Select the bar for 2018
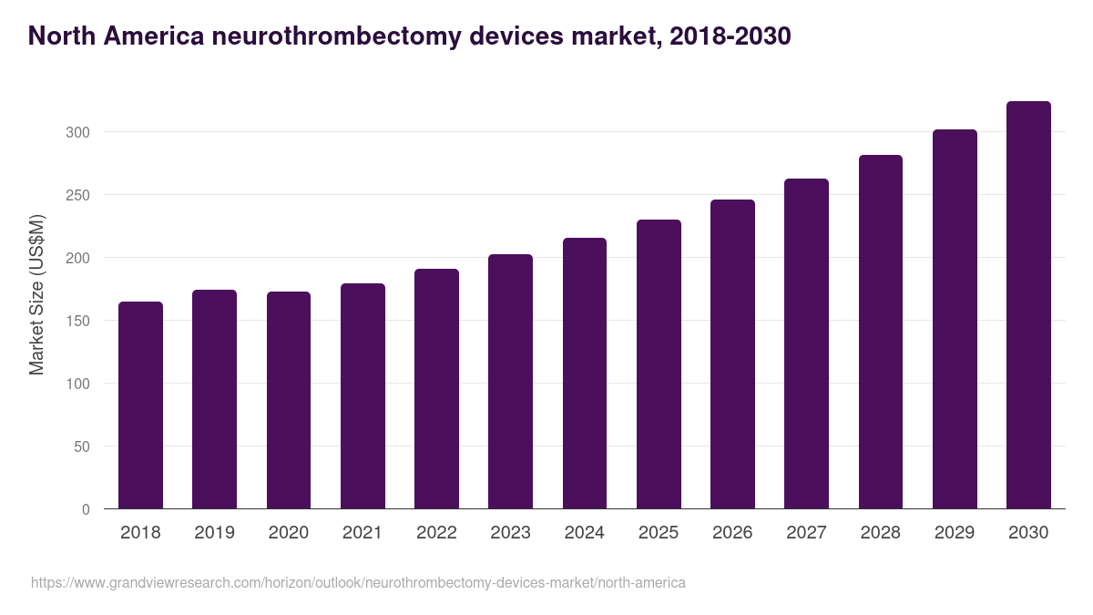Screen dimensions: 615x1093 140,405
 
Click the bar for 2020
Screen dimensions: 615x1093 289,401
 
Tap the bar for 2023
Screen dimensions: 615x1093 510,382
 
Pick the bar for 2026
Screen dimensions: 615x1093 732,354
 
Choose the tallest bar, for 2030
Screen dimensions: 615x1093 1028,305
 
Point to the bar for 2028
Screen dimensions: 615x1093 881,332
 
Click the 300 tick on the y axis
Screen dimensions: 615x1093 77,132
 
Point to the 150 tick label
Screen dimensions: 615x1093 77,321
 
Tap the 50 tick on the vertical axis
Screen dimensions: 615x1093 81,446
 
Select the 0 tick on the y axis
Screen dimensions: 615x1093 86,509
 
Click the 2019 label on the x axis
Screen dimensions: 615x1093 214,533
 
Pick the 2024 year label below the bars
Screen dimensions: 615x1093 584,533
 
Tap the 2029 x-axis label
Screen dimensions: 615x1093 955,533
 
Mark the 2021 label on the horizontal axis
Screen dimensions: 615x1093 362,533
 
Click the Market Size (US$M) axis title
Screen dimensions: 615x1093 36,294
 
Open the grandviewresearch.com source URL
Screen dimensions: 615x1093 358,582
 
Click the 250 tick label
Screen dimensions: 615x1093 77,195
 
